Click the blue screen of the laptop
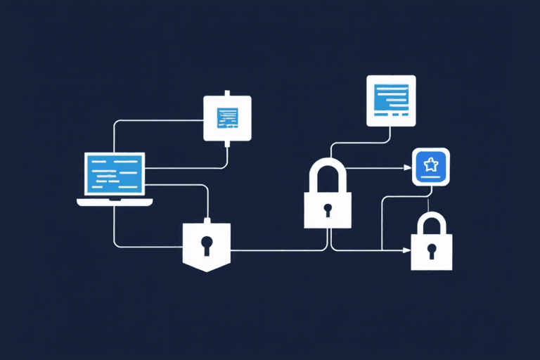pyautogui.click(x=115, y=174)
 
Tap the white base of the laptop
pyautogui.click(x=115, y=202)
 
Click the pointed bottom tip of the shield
pyautogui.click(x=207, y=270)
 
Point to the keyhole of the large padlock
pyautogui.click(x=327, y=210)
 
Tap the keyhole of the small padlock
pyautogui.click(x=432, y=250)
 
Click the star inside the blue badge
pyautogui.click(x=430, y=166)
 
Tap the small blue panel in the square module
pyautogui.click(x=227, y=117)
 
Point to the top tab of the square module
pyautogui.click(x=227, y=92)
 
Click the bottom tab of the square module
pyautogui.click(x=227, y=144)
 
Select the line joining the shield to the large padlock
pyautogui.click(x=274, y=250)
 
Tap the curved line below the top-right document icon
pyautogui.click(x=359, y=141)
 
